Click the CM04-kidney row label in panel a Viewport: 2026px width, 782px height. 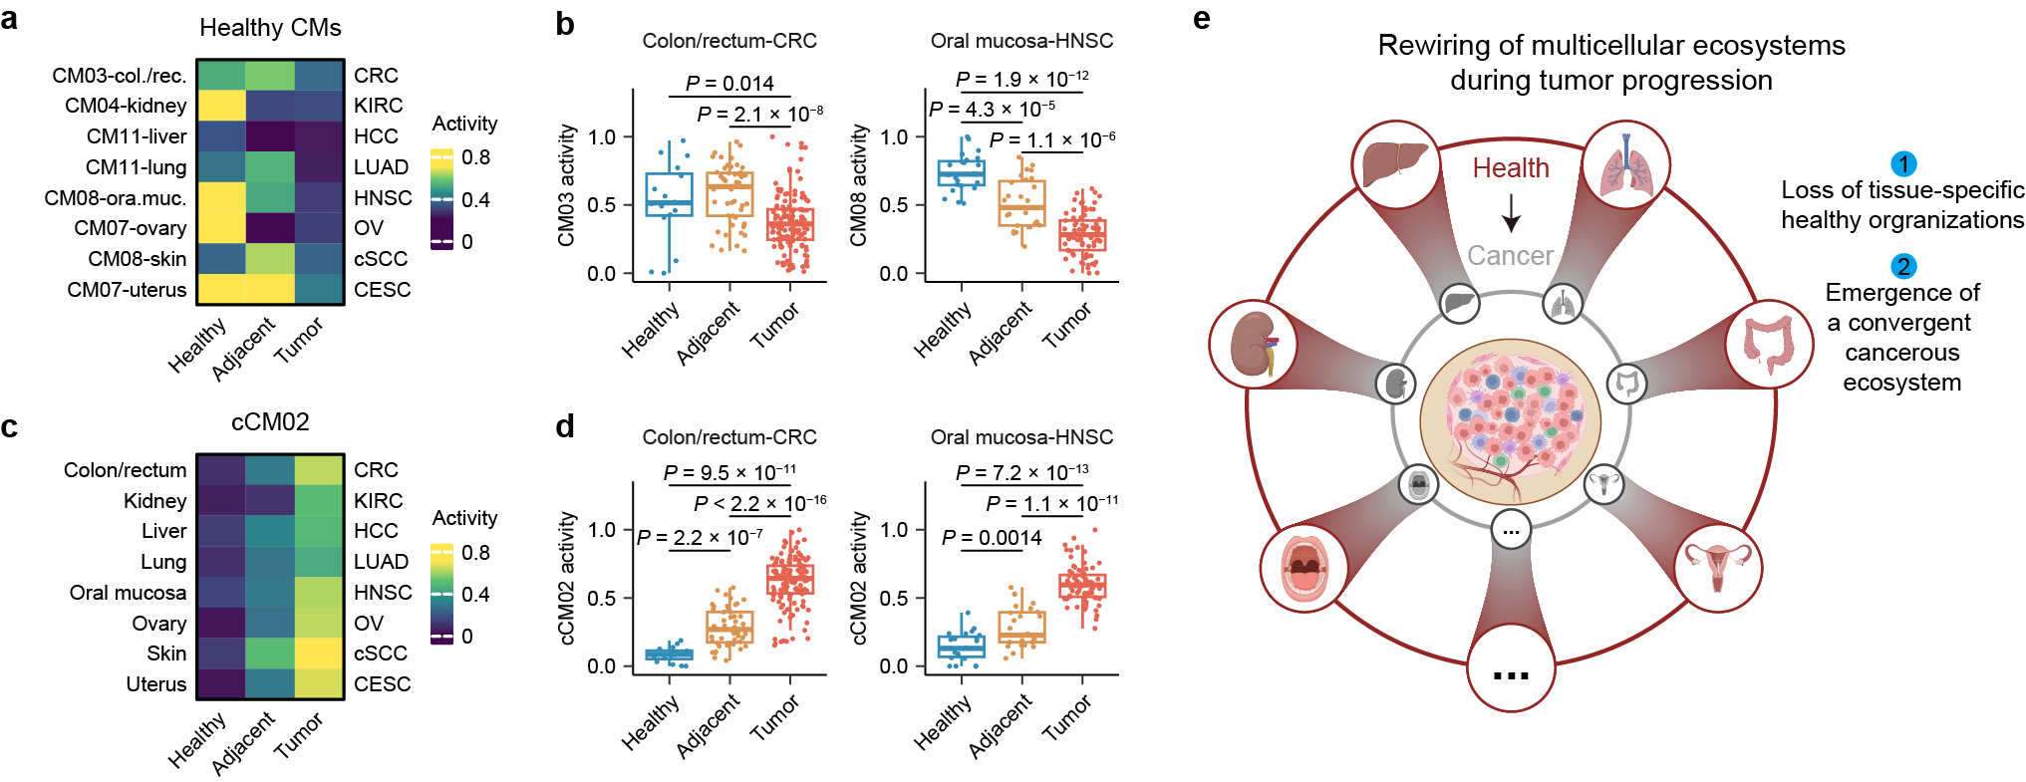(x=126, y=106)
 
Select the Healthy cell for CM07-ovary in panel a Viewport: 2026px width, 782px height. (x=220, y=228)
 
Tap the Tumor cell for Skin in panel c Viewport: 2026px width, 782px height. (x=319, y=653)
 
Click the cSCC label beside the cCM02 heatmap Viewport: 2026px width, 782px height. (x=381, y=653)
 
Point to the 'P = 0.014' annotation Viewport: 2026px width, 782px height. (x=729, y=83)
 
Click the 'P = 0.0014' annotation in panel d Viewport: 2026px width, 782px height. (x=992, y=538)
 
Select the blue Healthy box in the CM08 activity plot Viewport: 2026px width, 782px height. (x=962, y=174)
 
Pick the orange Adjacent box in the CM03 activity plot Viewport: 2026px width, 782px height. (x=729, y=194)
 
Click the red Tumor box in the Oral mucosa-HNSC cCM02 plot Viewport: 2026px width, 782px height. (x=1082, y=586)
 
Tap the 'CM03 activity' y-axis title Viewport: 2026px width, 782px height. (x=566, y=185)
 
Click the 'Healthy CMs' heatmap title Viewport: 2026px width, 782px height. (x=270, y=28)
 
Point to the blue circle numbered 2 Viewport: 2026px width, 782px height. (x=1903, y=266)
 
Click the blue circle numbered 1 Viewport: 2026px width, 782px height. (x=1903, y=163)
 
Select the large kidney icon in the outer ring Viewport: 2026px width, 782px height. (x=1253, y=345)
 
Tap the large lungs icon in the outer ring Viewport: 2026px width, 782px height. (x=1626, y=164)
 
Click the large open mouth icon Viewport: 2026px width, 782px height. (x=1303, y=568)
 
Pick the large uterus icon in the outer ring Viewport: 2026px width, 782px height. (x=1718, y=568)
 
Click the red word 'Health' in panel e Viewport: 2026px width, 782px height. (x=1511, y=168)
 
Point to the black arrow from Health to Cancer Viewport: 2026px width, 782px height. (x=1511, y=212)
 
